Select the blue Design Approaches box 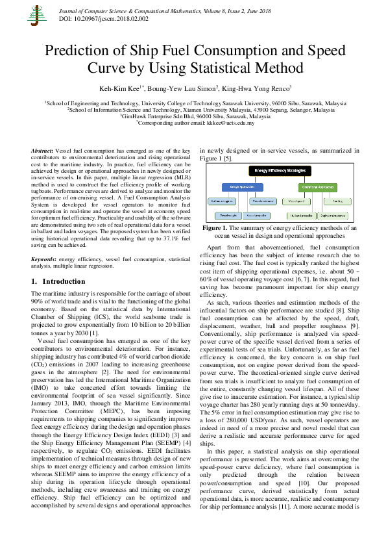[x=239, y=186]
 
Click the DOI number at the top [x=98, y=20]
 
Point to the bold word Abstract [x=42, y=149]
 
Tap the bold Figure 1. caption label [x=218, y=229]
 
